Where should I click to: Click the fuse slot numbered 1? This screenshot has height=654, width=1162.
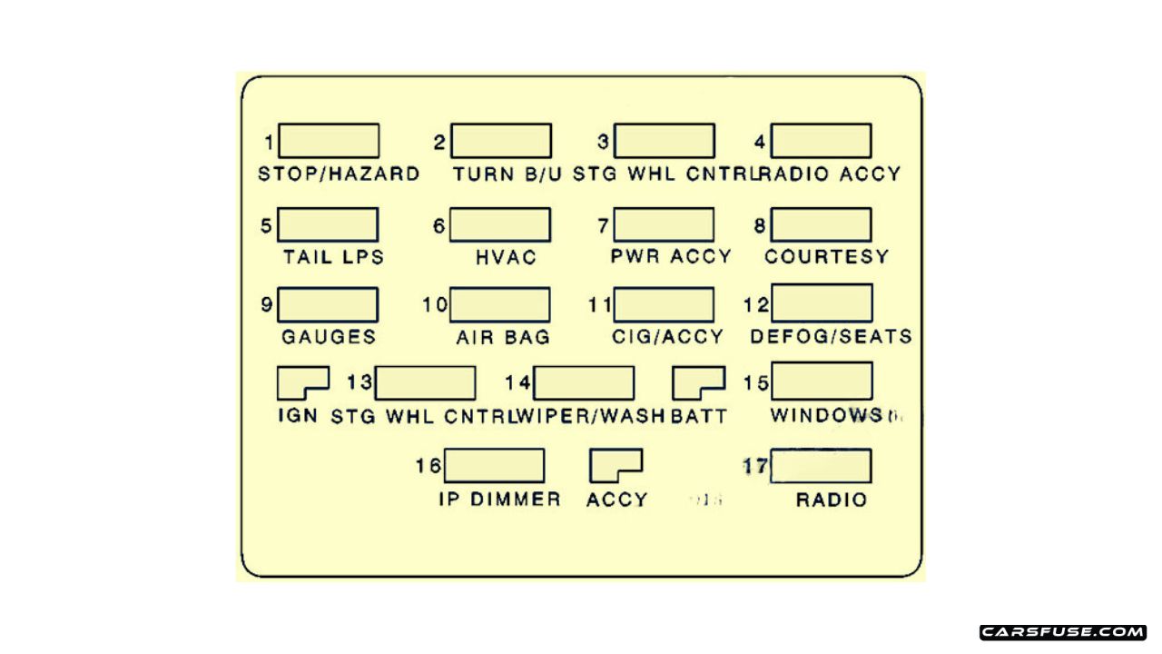click(x=329, y=141)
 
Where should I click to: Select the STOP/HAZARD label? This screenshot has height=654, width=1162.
click(x=339, y=173)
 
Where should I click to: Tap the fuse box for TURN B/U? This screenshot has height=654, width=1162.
click(x=500, y=141)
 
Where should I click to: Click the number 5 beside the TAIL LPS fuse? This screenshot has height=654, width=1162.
click(x=266, y=225)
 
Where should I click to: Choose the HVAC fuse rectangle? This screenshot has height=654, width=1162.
click(x=499, y=224)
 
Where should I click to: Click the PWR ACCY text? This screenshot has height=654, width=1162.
click(x=671, y=257)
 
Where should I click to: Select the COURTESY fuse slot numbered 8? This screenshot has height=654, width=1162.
click(x=821, y=224)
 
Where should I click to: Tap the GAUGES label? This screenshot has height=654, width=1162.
click(x=329, y=337)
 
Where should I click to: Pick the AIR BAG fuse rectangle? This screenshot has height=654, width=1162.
click(x=499, y=304)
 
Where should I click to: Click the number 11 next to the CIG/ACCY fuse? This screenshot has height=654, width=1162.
click(x=600, y=305)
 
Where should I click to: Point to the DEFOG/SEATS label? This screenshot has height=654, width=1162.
click(x=831, y=337)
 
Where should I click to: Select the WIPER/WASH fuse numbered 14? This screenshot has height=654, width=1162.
click(x=584, y=383)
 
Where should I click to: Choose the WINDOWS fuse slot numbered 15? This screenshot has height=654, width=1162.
click(x=822, y=381)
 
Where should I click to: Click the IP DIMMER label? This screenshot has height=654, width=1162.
click(x=499, y=500)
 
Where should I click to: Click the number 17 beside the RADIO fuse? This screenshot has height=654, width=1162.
click(x=755, y=467)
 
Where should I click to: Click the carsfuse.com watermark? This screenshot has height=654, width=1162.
click(x=1063, y=632)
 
